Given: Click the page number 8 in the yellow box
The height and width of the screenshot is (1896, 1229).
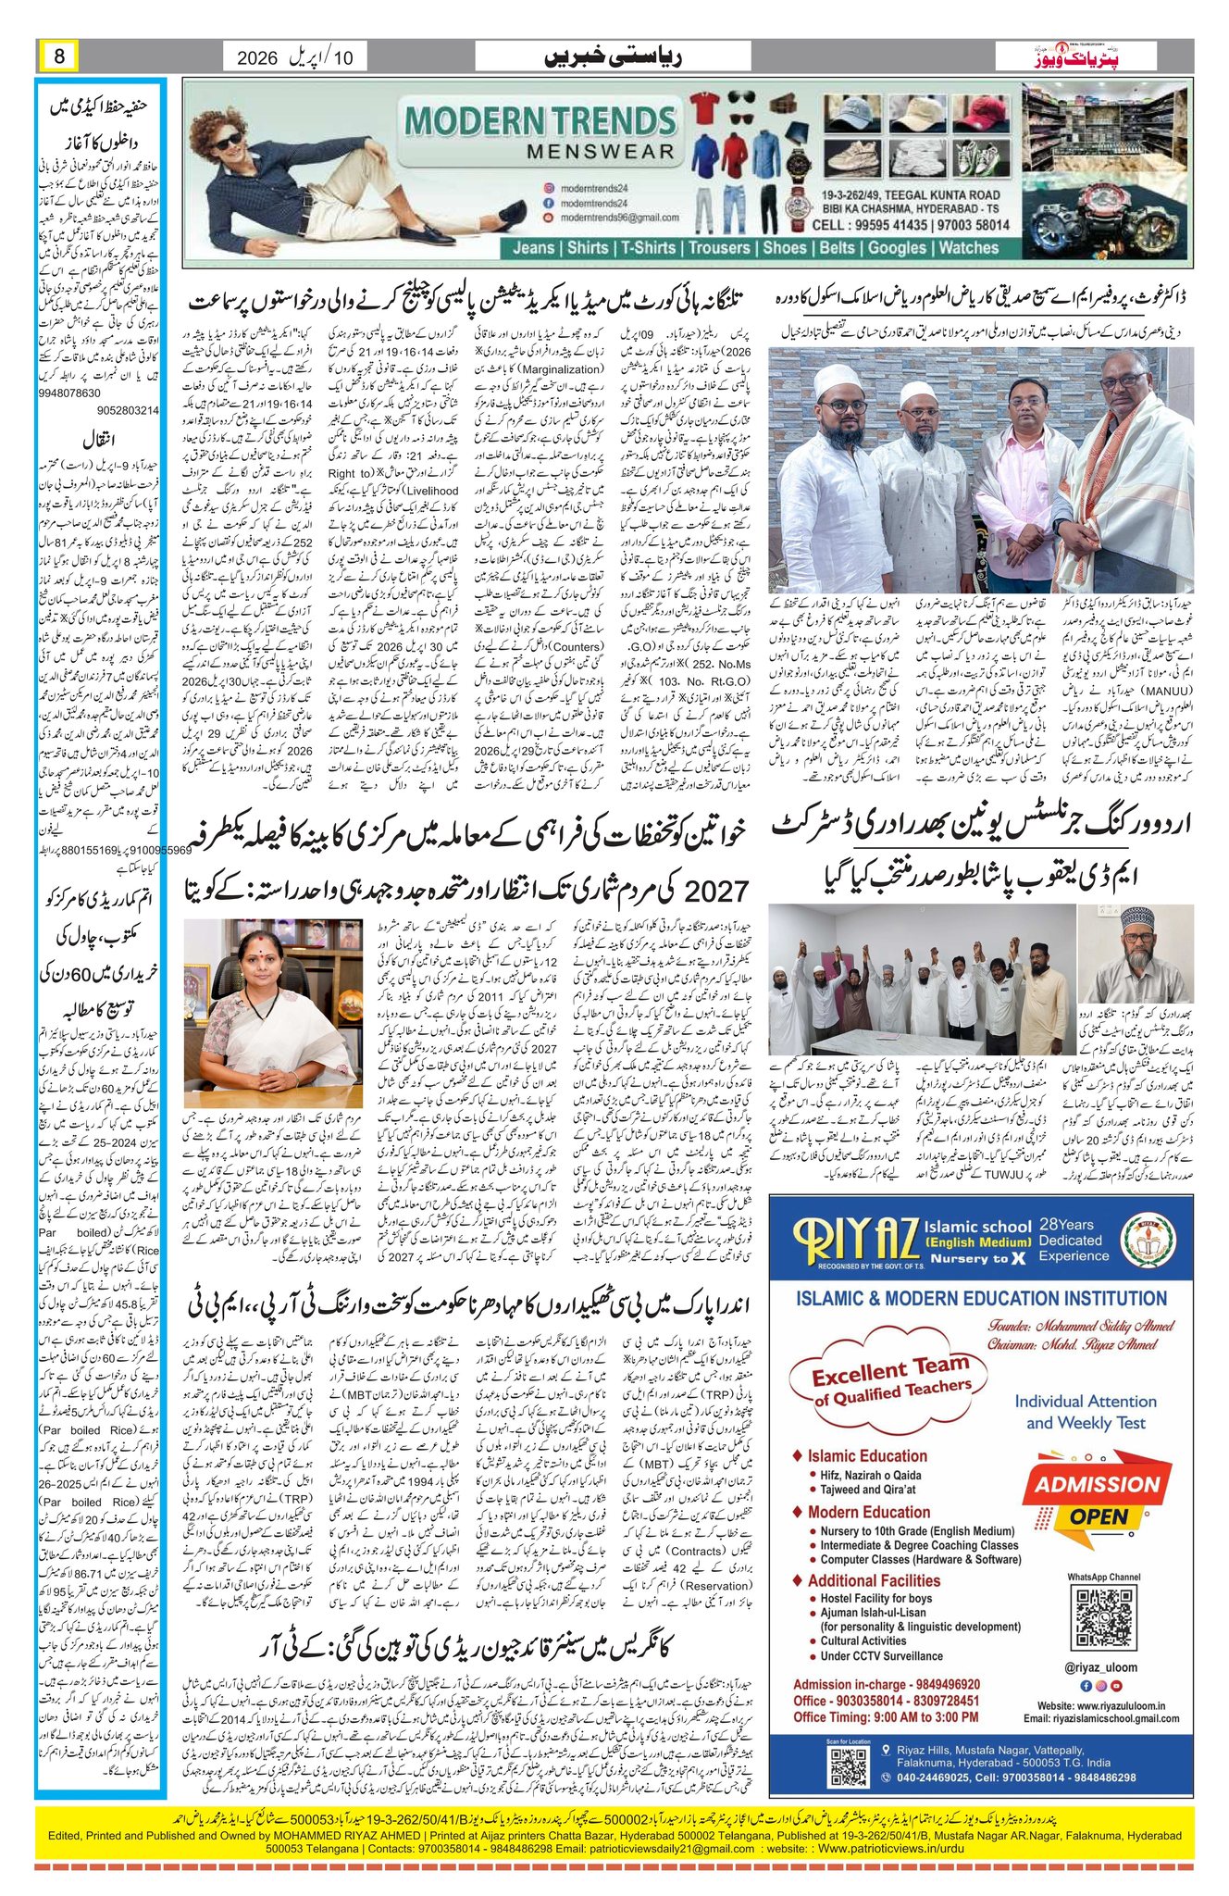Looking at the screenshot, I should click(59, 56).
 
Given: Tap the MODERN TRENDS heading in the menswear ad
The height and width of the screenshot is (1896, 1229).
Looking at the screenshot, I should click(540, 121).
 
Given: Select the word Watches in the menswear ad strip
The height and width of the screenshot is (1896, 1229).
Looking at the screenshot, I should click(969, 247).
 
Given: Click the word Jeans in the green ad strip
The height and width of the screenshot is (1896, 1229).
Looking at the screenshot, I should click(534, 247).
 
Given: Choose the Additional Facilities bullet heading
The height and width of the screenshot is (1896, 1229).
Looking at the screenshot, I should click(873, 1580).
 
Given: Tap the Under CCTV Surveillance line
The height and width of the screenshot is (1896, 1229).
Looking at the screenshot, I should click(881, 1655).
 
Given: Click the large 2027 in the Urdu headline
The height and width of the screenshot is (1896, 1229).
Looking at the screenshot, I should click(715, 891).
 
